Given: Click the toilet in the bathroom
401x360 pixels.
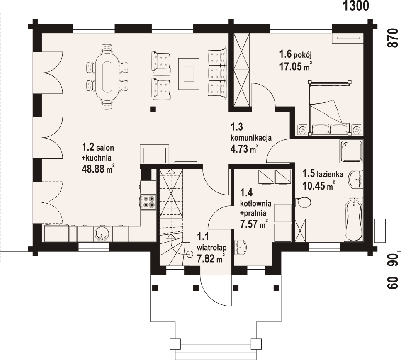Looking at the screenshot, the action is click(x=303, y=202).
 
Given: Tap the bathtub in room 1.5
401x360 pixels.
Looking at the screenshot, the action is click(x=353, y=219).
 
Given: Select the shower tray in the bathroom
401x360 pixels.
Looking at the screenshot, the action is click(x=351, y=151).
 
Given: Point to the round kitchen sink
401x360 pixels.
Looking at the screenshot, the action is click(x=102, y=234).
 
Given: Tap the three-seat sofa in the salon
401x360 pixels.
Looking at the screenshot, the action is click(x=217, y=73).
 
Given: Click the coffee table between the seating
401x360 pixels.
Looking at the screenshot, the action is click(x=189, y=74).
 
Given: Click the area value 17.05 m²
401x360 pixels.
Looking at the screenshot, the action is click(x=295, y=66).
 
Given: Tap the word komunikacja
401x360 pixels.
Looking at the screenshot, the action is click(x=251, y=138).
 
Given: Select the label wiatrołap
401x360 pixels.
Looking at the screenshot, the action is click(x=212, y=248).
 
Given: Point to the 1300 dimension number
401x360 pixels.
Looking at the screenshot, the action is click(x=356, y=6).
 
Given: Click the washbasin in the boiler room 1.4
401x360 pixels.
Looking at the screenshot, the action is click(x=241, y=248).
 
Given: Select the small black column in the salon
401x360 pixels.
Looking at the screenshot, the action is click(x=153, y=109).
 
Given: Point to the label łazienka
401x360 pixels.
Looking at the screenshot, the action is click(x=330, y=175).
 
